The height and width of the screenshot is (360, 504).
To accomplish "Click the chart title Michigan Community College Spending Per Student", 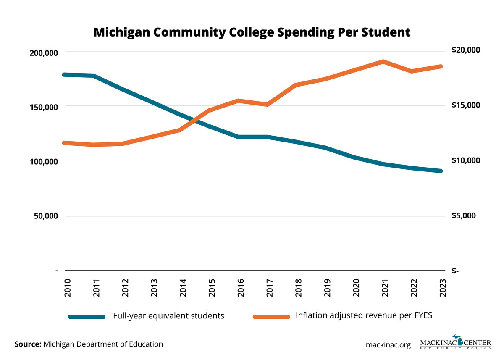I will click(252, 32).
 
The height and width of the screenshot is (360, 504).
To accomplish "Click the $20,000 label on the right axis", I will click(465, 50).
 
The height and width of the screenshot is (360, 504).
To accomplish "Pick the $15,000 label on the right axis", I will click(465, 105).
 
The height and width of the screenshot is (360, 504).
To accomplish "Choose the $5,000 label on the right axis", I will click(464, 215).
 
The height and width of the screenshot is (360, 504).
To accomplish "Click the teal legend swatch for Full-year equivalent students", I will click(87, 316).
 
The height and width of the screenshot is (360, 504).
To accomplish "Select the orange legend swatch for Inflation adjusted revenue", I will click(271, 316).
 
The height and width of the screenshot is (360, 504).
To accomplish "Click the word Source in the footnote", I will click(28, 344).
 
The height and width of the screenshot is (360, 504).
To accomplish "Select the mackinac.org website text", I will click(388, 344).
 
